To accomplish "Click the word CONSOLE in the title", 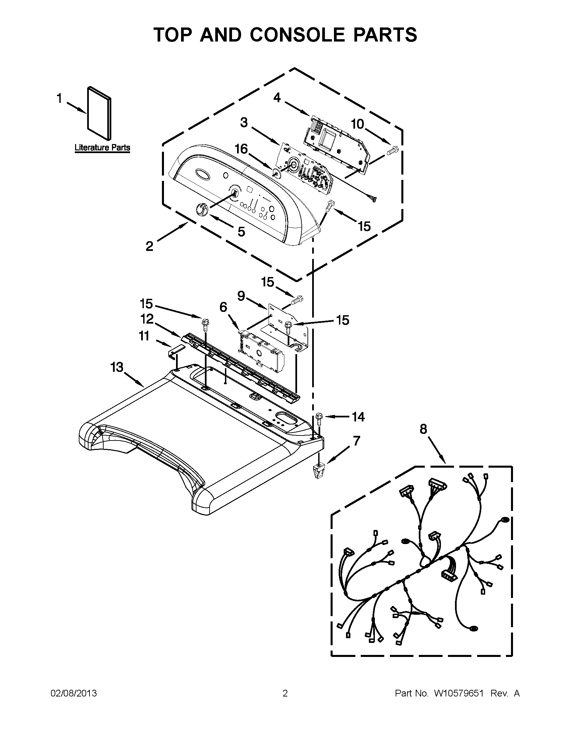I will (297, 35).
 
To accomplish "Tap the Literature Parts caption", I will (102, 147).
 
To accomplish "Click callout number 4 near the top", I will (277, 98).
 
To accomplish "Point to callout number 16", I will (241, 149).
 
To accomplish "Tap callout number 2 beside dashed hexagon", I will (150, 246).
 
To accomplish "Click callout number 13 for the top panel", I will (117, 367).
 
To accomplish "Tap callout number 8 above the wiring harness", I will (423, 429).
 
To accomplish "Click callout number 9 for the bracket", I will (241, 296).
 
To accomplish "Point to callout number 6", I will (223, 307).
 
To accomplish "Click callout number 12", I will (147, 319).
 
